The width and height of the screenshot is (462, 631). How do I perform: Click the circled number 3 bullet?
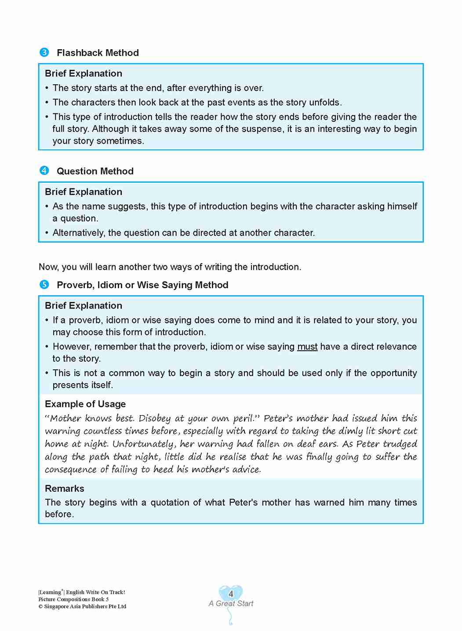(44, 53)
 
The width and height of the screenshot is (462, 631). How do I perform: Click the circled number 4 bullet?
(44, 171)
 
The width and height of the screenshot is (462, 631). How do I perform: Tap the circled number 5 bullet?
(44, 285)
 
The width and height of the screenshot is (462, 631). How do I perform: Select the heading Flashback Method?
(98, 53)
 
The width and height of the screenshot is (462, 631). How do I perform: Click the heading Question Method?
(95, 171)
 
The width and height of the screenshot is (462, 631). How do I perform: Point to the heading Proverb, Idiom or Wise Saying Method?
(142, 285)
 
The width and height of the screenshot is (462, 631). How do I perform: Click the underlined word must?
(307, 347)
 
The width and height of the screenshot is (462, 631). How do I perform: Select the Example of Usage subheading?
(85, 404)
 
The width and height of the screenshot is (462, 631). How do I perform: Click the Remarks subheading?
(65, 488)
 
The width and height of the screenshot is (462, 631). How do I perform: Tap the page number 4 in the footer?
(231, 594)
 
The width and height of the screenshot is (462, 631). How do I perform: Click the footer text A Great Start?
(231, 604)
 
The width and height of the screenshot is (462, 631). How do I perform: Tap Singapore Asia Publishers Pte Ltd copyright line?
(82, 606)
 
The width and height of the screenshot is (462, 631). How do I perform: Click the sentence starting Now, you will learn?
(170, 267)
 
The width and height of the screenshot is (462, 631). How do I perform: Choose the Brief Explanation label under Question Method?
(84, 192)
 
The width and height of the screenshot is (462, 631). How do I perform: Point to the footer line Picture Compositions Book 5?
(73, 599)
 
